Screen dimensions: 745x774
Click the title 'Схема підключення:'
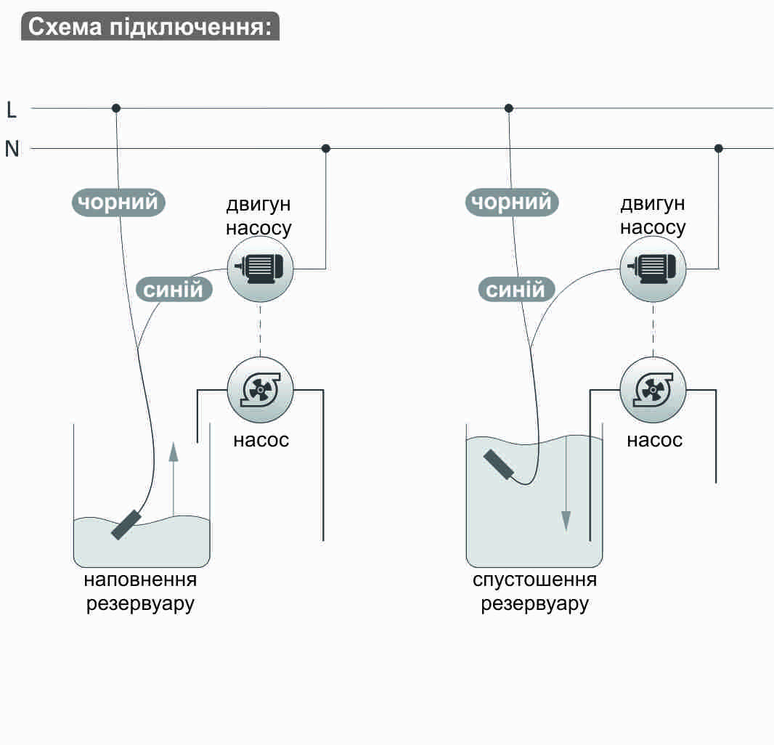tap(150, 26)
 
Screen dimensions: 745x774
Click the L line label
tap(12, 110)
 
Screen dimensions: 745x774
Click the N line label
tap(12, 149)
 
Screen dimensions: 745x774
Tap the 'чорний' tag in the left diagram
tap(118, 201)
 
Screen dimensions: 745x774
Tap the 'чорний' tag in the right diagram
tap(512, 201)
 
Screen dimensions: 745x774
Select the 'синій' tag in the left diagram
tap(174, 290)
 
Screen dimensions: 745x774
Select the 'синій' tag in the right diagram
tap(515, 290)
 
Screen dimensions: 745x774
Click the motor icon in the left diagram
tap(260, 269)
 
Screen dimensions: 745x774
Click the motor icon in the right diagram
tap(653, 269)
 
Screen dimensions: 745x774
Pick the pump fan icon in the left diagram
tap(260, 390)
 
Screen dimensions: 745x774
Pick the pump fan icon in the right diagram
tap(653, 390)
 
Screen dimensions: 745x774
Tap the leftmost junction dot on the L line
tap(116, 108)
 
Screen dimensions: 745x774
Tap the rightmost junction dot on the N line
tap(718, 148)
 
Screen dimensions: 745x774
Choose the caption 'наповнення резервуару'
tap(140, 592)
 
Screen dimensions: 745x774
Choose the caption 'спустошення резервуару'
tap(534, 592)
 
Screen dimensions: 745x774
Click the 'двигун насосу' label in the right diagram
tap(653, 215)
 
